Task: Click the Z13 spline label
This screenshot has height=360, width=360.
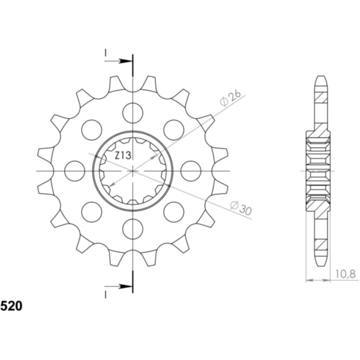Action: click(x=124, y=156)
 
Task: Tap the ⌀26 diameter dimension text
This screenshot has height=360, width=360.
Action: click(x=231, y=98)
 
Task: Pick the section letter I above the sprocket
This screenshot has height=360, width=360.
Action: click(x=106, y=53)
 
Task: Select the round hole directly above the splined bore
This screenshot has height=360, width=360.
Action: click(x=133, y=112)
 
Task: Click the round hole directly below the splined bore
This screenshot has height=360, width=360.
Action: click(x=133, y=228)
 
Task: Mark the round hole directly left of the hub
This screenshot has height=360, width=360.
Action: click(x=75, y=170)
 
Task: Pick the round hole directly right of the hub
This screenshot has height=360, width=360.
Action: click(x=190, y=170)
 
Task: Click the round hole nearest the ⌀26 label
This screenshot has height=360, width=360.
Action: click(x=173, y=128)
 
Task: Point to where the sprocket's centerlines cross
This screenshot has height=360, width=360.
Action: click(x=133, y=170)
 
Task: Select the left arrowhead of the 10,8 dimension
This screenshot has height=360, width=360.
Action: click(x=308, y=280)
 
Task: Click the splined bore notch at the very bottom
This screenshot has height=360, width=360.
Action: click(x=133, y=200)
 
